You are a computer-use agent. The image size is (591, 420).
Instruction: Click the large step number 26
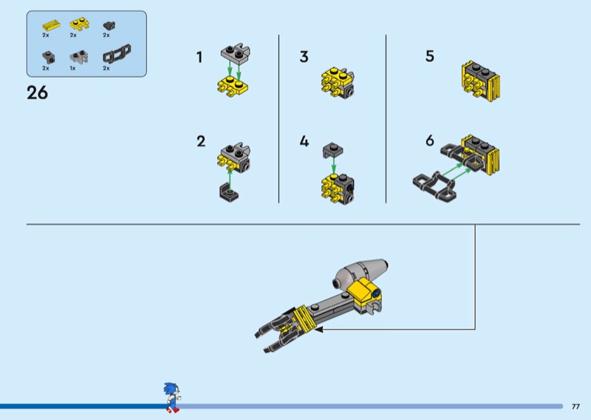pos(38,93)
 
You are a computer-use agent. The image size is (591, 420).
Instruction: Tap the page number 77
pos(575,407)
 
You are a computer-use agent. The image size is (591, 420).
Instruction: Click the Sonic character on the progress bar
pos(172,397)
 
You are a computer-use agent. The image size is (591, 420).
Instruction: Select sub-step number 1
pos(199,58)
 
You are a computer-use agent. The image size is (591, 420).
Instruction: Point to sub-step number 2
pos(201,141)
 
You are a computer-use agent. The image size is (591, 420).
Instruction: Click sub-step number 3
pos(304,57)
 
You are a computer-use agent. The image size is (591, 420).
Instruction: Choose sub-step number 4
pos(304,141)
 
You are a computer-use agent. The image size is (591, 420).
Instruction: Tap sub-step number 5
pos(430,56)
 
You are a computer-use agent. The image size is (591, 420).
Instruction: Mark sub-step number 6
pos(430,140)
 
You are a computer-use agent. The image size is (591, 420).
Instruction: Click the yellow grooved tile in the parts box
pos(51,25)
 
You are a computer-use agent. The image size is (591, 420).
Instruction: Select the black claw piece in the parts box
pos(117,53)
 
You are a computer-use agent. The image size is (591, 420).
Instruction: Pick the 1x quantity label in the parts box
pos(72,68)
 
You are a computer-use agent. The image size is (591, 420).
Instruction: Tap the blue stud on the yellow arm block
pos(376,293)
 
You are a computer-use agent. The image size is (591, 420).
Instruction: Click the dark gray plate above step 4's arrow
pos(333,150)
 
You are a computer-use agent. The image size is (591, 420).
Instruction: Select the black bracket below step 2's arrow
pos(228,192)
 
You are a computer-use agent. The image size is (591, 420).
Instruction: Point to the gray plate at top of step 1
pos(236,52)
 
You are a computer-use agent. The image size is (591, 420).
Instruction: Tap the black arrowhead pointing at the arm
pos(319,330)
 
